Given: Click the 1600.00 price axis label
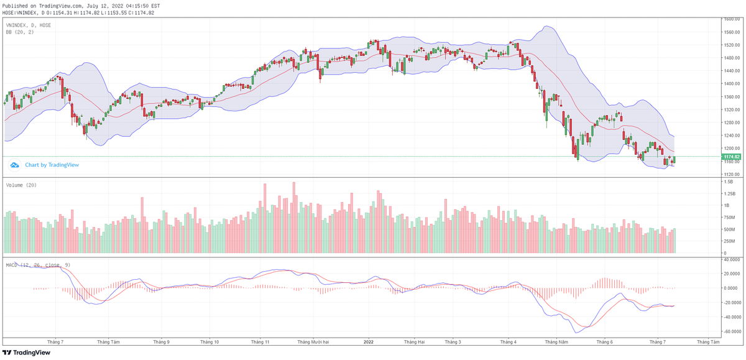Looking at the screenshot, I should coord(730,20).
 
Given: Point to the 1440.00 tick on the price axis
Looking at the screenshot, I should coord(730,71).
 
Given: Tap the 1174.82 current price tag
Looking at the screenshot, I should coord(730,157).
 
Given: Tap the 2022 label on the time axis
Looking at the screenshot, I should coord(369,342).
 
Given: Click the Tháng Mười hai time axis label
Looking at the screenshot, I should coord(313,342).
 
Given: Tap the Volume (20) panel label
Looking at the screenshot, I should coord(21,185).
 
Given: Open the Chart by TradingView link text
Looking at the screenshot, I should coord(52,165).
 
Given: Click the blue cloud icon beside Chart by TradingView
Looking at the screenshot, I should coord(14,165).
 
